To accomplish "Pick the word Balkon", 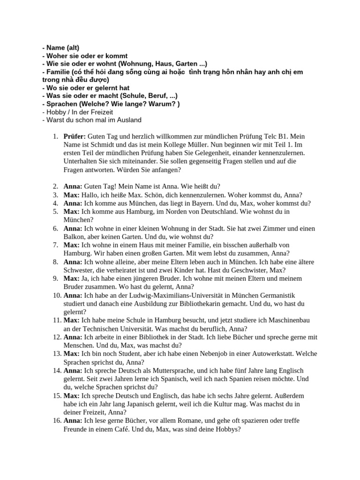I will pyautogui.click(x=74, y=237).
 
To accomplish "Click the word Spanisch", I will pyautogui.click(x=163, y=379).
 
